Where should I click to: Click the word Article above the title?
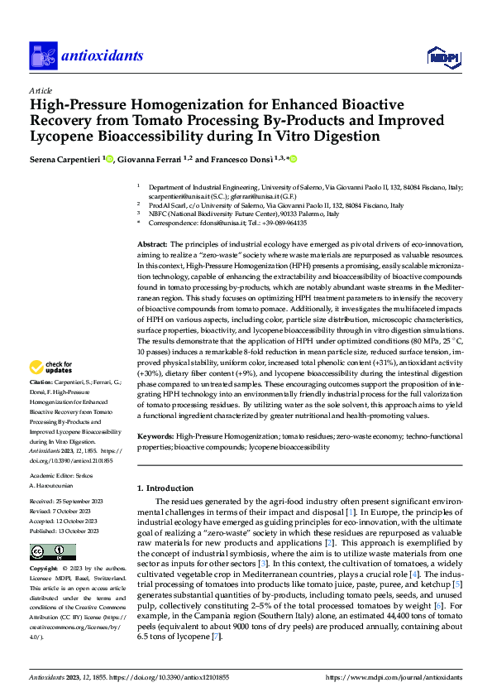click(x=41, y=90)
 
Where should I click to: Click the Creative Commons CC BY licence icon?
click(x=53, y=553)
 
